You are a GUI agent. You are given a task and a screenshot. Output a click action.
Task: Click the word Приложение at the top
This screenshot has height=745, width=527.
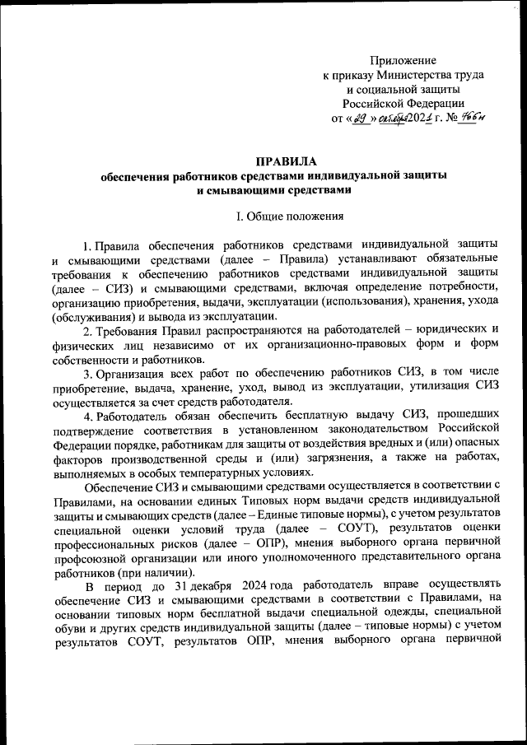click(403, 62)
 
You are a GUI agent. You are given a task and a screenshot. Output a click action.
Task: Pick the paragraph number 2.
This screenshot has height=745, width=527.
click(88, 330)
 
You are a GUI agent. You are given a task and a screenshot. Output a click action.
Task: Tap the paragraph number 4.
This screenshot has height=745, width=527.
click(88, 415)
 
